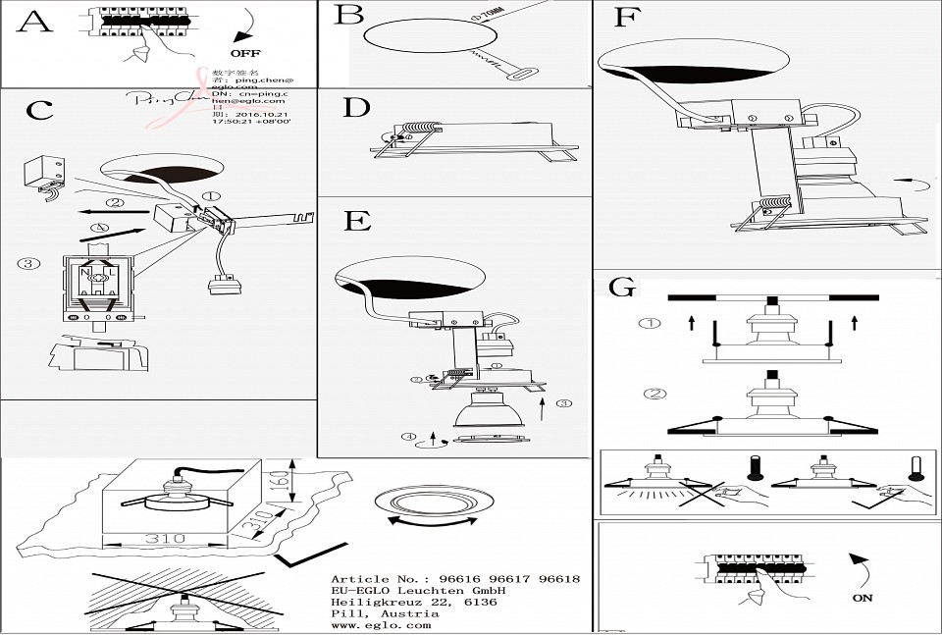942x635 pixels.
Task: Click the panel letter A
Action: click(34, 22)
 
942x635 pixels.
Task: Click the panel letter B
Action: click(348, 15)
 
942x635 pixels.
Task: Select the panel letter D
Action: click(356, 107)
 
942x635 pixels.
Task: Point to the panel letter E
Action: click(357, 220)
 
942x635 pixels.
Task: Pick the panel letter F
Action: click(626, 18)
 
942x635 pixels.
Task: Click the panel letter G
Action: click(622, 288)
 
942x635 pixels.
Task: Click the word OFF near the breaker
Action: click(245, 52)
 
